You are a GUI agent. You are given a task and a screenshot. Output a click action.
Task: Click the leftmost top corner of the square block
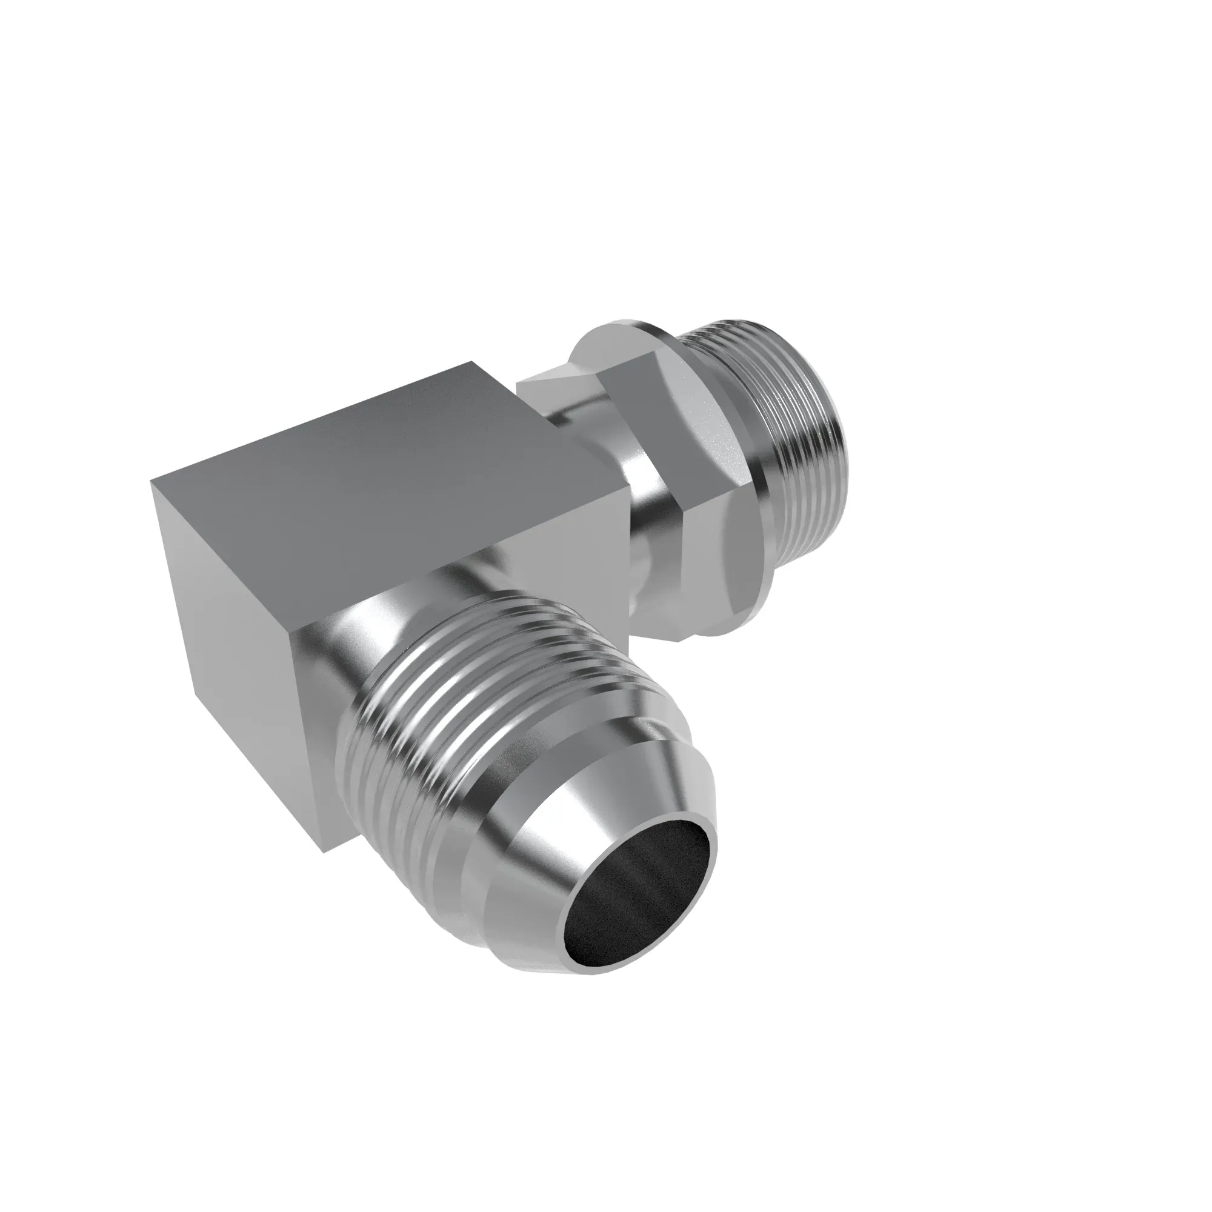coord(153,482)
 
